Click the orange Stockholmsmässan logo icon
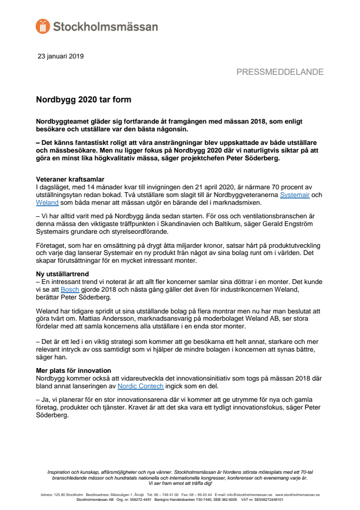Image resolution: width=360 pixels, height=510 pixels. pyautogui.click(x=42, y=26)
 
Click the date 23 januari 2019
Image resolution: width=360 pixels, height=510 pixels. pyautogui.click(x=60, y=56)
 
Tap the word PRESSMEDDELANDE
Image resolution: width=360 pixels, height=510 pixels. pyautogui.click(x=280, y=72)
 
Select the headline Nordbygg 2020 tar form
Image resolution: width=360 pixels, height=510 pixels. pyautogui.click(x=84, y=100)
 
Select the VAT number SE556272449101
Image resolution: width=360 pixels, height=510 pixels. pyautogui.click(x=265, y=500)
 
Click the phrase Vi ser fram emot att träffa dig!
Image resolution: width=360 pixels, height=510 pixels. pyautogui.click(x=180, y=483)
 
